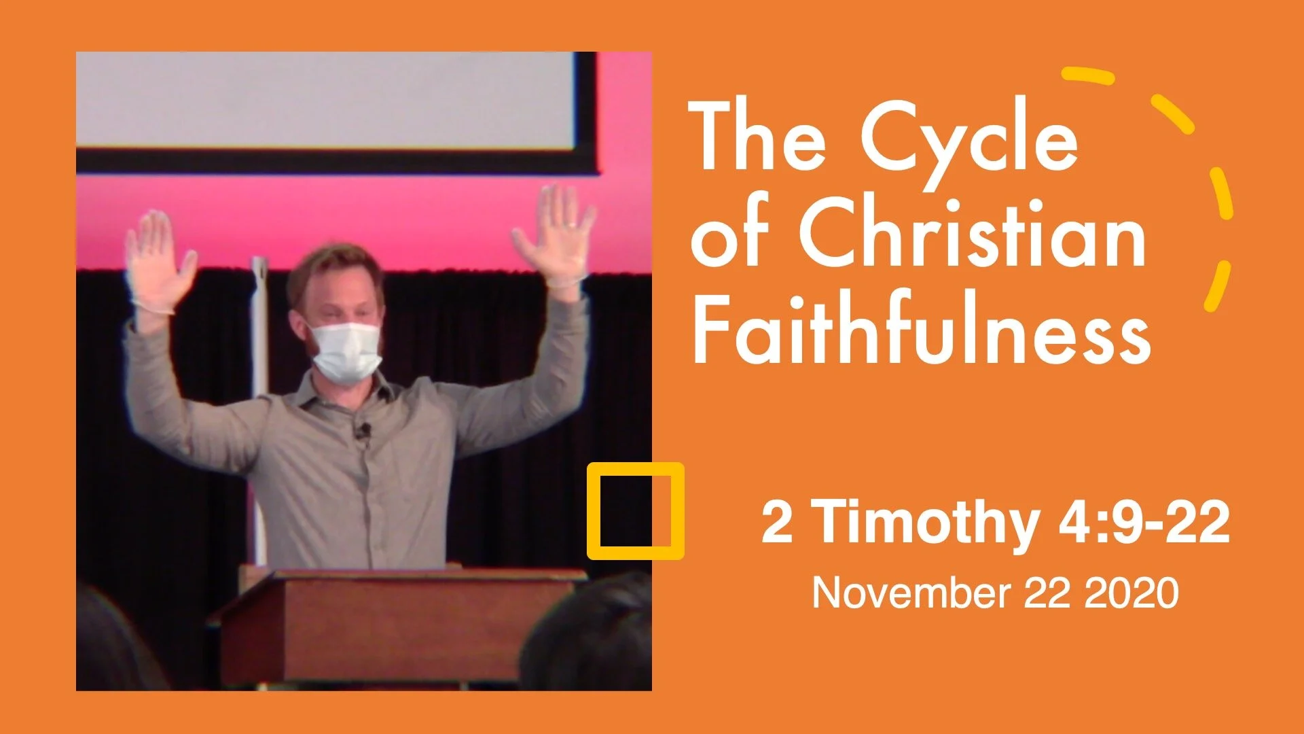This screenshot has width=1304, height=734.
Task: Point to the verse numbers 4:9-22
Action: click(1144, 522)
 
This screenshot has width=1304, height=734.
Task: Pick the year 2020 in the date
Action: click(1131, 593)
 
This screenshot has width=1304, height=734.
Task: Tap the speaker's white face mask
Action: click(345, 352)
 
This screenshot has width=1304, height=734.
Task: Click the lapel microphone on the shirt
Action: click(365, 430)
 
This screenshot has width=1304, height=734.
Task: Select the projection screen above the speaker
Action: click(326, 102)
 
